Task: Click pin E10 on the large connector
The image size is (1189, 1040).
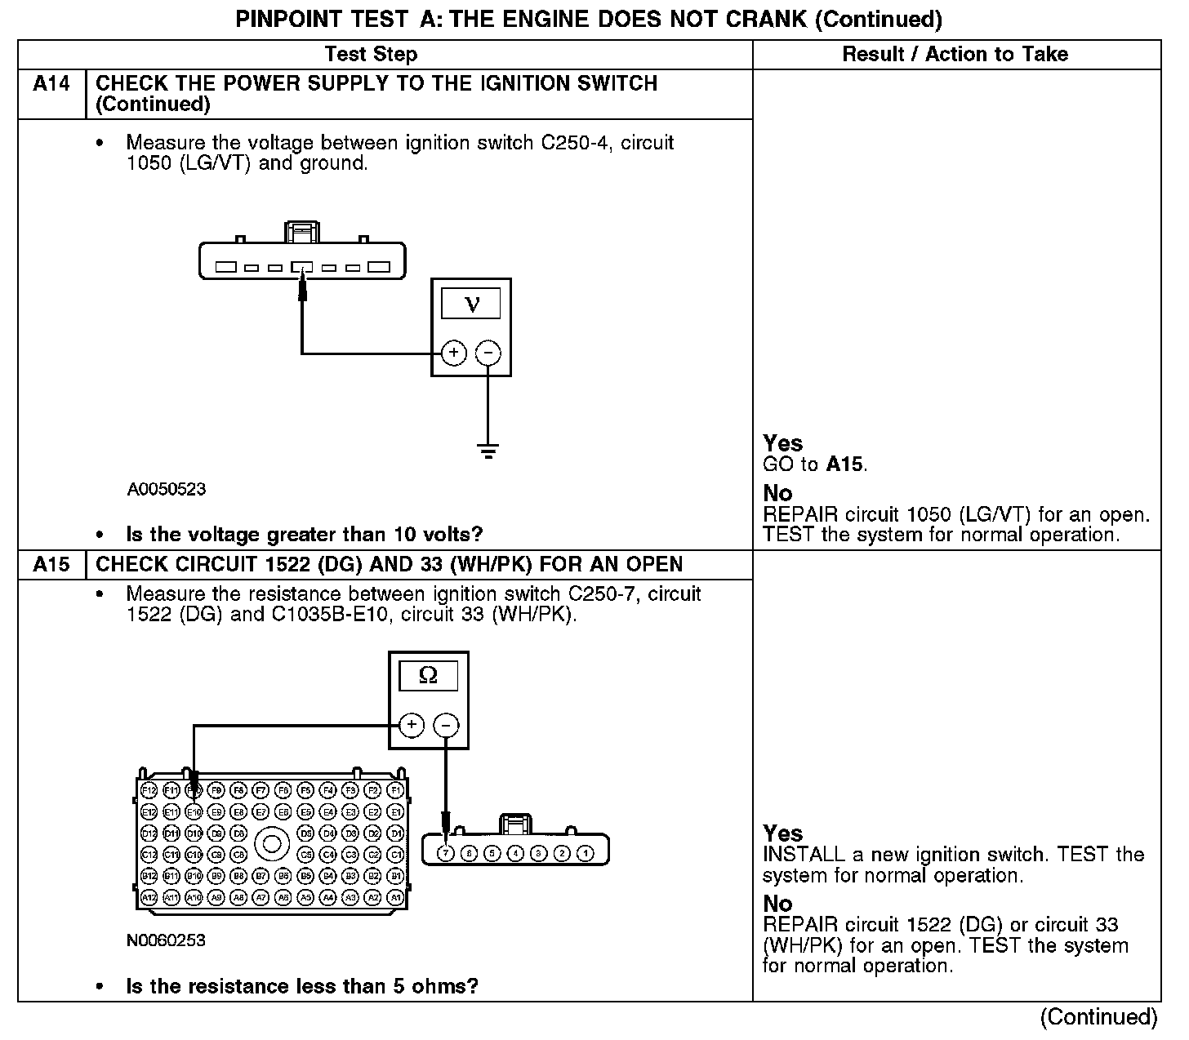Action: [194, 812]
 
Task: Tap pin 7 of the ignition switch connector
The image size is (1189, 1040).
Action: [446, 853]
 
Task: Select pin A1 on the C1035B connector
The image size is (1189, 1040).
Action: [395, 897]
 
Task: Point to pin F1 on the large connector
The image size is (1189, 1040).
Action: [395, 790]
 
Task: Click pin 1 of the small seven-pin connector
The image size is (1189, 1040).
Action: [585, 853]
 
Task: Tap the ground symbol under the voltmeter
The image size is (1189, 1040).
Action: [488, 451]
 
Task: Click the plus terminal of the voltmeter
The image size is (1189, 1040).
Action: [454, 353]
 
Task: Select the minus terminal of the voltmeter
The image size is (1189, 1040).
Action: [488, 353]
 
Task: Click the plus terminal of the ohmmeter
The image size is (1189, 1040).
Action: [412, 724]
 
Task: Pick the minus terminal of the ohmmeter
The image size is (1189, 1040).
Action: [445, 724]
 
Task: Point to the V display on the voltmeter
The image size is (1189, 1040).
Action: [471, 304]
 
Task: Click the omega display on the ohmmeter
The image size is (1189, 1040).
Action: [428, 676]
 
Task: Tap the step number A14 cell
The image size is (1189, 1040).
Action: [51, 84]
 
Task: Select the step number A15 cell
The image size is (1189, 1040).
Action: [51, 565]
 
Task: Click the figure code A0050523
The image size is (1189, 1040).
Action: [167, 490]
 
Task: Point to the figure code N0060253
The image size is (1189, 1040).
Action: [166, 940]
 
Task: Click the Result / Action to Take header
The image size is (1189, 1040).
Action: [955, 55]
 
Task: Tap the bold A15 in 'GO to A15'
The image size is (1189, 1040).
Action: [844, 464]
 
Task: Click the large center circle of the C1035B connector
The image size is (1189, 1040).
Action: [271, 843]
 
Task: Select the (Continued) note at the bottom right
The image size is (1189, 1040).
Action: [1098, 1017]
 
